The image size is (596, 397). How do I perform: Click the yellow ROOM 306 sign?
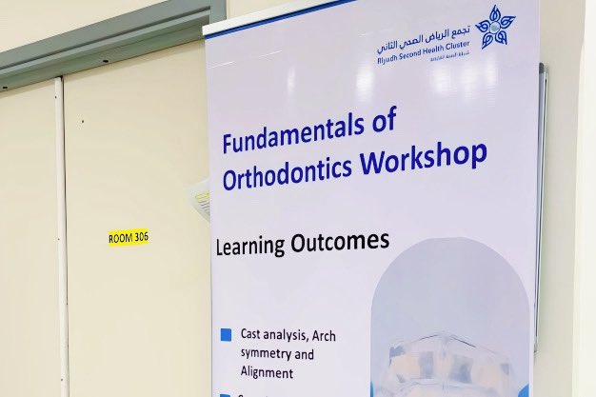click(x=129, y=237)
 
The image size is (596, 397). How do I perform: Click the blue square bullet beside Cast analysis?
click(x=226, y=335)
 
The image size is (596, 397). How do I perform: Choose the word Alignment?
click(x=268, y=374)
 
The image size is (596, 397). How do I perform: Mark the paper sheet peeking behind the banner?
click(x=201, y=197)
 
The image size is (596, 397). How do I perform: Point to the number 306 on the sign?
click(x=141, y=237)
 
